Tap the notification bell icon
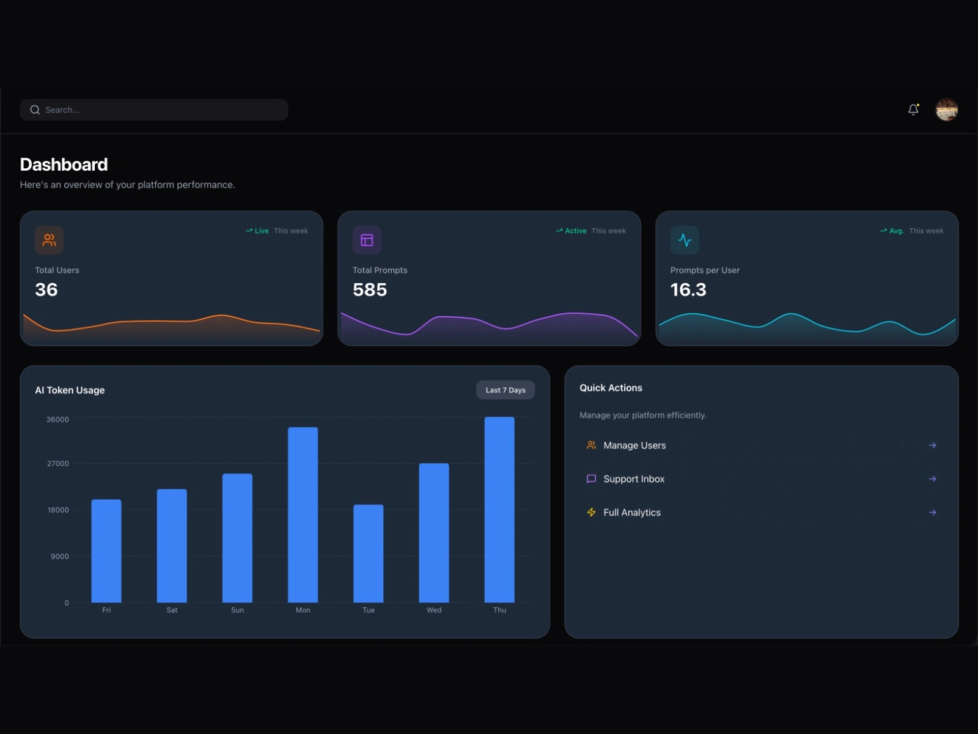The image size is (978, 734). click(x=913, y=109)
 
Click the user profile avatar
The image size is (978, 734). click(x=946, y=110)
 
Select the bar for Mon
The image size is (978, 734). click(x=303, y=514)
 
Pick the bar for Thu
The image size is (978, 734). click(x=499, y=510)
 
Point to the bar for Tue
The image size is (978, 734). click(x=369, y=554)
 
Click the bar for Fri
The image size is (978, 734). click(x=106, y=551)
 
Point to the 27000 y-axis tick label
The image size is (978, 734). click(x=58, y=464)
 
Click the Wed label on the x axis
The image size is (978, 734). click(x=434, y=610)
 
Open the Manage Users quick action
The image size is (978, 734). click(x=634, y=445)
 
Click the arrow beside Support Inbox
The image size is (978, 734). click(x=932, y=479)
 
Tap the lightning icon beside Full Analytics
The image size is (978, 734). click(x=591, y=513)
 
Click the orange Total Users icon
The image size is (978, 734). click(x=50, y=240)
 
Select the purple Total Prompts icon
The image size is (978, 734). click(x=367, y=240)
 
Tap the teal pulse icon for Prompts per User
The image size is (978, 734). click(x=685, y=240)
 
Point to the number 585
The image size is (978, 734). click(x=370, y=290)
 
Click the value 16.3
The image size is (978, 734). click(x=688, y=290)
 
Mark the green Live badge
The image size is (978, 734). click(x=257, y=231)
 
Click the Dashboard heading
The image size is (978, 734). click(x=64, y=165)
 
